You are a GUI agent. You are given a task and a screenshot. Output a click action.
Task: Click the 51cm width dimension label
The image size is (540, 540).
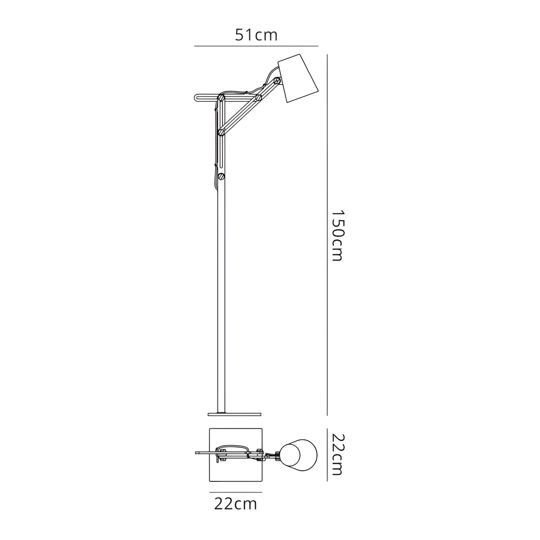tap(256, 35)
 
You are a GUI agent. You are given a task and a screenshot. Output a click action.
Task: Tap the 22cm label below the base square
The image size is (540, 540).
tap(235, 504)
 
